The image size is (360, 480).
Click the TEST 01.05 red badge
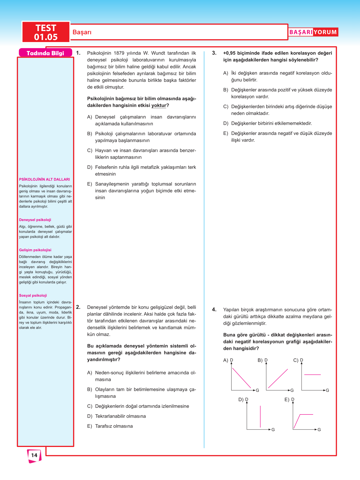coord(46,32)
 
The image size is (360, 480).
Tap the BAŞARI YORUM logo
coord(313,32)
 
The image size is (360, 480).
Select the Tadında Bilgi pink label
coord(45,53)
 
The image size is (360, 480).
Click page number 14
coord(34,455)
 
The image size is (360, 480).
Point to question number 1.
coord(78,53)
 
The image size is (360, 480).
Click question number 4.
coord(214,310)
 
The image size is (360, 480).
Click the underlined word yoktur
coord(159,106)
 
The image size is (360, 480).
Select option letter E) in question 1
coord(90,184)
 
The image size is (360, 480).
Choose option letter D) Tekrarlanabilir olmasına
coord(90,416)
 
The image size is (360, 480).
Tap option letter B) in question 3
coord(226,90)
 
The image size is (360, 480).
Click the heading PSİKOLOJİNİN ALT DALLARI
coord(44,179)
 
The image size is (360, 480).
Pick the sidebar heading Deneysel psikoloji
coord(35,220)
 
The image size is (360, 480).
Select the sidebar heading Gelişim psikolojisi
coord(35,250)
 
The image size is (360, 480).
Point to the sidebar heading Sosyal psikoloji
coord(33,295)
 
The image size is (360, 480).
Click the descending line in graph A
coord(241,378)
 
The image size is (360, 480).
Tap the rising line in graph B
coord(278,378)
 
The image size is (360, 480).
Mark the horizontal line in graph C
coord(313,375)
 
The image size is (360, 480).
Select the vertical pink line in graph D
coord(260,416)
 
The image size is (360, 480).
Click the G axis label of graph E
coord(319,430)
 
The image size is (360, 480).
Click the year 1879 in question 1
coord(119,53)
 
